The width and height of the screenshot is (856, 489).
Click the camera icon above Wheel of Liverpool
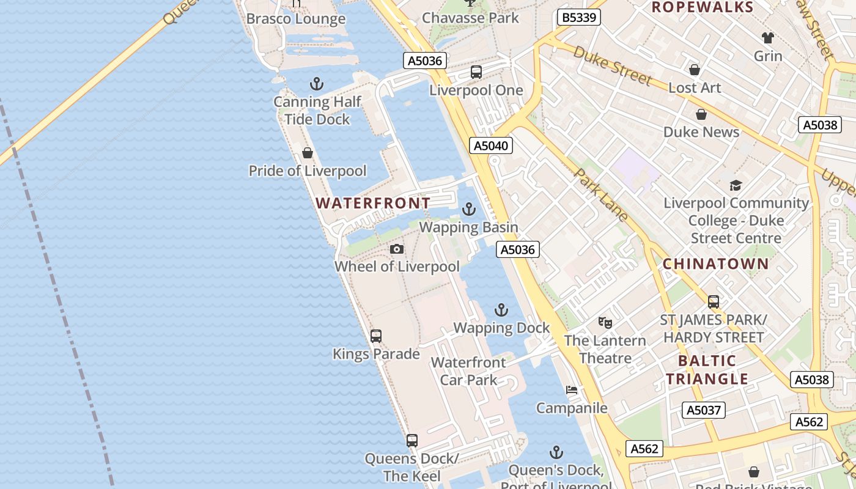pyautogui.click(x=397, y=249)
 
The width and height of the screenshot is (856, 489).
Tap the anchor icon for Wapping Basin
pyautogui.click(x=469, y=210)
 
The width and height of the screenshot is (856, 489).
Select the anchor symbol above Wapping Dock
pyautogui.click(x=501, y=310)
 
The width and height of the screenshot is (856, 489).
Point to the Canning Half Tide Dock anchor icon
pyautogui.click(x=317, y=84)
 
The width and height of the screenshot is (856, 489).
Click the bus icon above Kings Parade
pyautogui.click(x=376, y=336)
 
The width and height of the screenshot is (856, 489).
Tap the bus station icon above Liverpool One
pyautogui.click(x=476, y=72)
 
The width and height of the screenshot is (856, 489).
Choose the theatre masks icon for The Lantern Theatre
pyautogui.click(x=605, y=322)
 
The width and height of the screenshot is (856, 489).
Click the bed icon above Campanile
pyautogui.click(x=572, y=390)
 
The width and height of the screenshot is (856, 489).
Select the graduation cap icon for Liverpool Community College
pyautogui.click(x=736, y=185)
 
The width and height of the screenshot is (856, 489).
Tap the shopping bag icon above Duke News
pyautogui.click(x=701, y=114)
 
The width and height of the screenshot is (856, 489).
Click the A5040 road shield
pyautogui.click(x=491, y=145)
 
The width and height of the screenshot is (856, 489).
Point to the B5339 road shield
pyautogui.click(x=578, y=17)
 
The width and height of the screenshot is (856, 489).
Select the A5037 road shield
pyautogui.click(x=704, y=410)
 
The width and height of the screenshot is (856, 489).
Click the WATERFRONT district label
pyautogui.click(x=373, y=203)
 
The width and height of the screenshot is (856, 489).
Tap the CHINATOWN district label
pyautogui.click(x=716, y=264)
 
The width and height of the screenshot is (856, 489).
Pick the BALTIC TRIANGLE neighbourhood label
pyautogui.click(x=707, y=369)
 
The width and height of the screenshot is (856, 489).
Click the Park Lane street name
pyautogui.click(x=600, y=194)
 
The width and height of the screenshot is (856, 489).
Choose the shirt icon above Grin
pyautogui.click(x=767, y=38)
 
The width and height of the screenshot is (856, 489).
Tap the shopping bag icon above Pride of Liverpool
pyautogui.click(x=308, y=153)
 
